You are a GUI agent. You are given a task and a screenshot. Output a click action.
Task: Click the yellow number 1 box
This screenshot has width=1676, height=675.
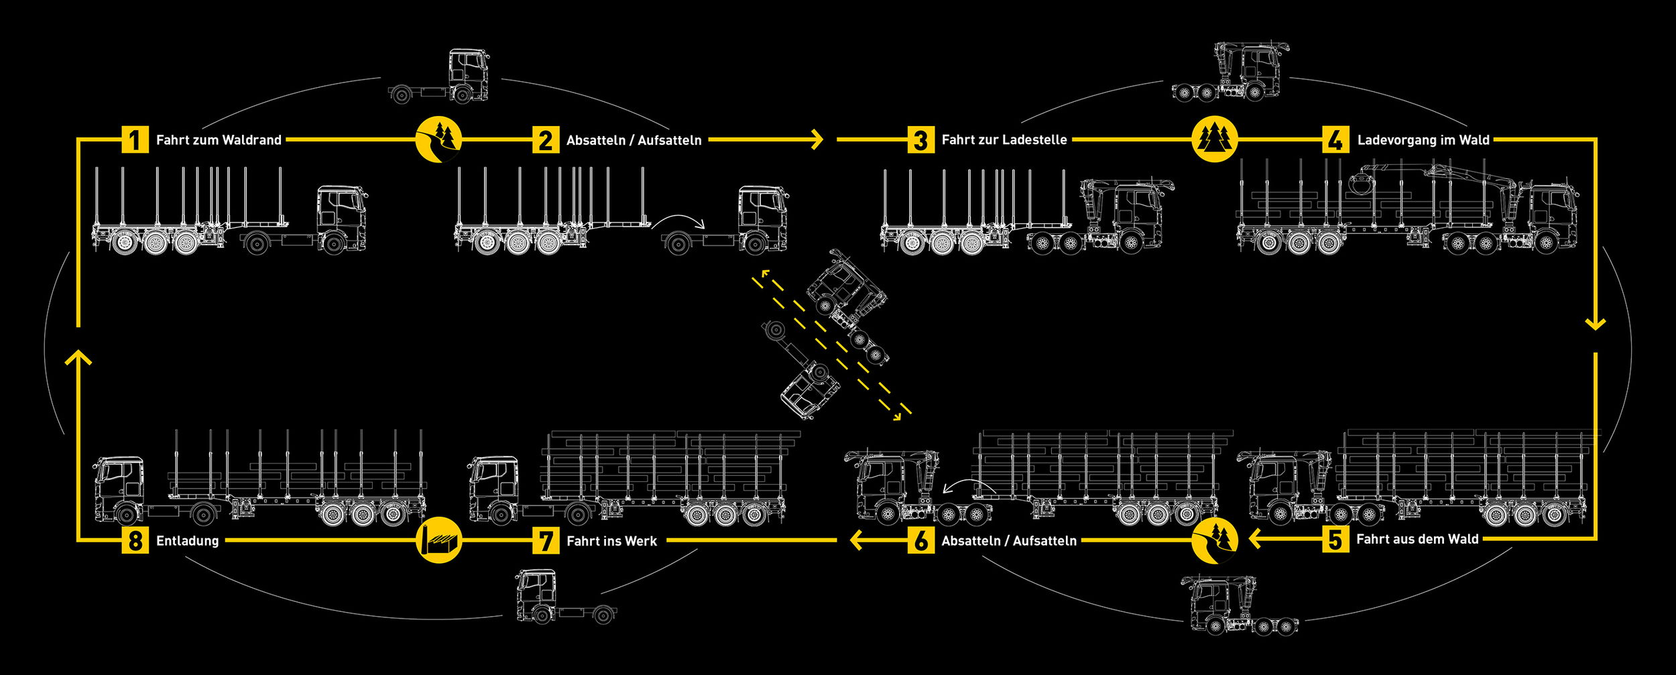coord(135,140)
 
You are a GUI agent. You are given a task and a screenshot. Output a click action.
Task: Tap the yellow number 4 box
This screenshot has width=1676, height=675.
coord(1335,140)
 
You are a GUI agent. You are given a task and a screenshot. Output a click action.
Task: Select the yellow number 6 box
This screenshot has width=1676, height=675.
coord(921,540)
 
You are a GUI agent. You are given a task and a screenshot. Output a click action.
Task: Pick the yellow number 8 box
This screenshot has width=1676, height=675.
coord(135,540)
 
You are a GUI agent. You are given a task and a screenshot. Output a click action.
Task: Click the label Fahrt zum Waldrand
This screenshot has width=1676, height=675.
coord(219,140)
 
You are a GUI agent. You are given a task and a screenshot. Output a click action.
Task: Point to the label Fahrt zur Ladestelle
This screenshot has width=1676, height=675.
coord(1004,140)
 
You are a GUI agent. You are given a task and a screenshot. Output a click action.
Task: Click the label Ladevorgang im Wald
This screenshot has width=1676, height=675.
coord(1423,140)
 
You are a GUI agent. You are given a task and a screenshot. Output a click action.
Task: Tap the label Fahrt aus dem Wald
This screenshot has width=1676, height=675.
coord(1417,540)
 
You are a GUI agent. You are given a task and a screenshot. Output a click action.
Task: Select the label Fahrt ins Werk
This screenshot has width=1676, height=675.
coord(611,541)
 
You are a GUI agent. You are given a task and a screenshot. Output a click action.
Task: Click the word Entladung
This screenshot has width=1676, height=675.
coord(187,541)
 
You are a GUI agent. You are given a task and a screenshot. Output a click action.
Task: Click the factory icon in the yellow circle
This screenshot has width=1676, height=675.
coord(438,540)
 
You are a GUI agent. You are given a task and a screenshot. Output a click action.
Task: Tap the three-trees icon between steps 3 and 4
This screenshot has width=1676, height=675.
coord(1215,139)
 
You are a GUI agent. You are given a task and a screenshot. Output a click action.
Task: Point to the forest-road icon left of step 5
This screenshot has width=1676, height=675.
coord(1215,540)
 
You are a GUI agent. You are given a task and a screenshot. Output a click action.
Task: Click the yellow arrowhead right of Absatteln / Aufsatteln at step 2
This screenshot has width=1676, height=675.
coord(817,139)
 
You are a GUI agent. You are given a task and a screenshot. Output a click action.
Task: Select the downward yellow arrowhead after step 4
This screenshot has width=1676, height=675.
coord(1595,323)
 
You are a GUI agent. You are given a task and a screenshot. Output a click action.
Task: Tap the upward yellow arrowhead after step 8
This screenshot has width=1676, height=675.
coord(78,358)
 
